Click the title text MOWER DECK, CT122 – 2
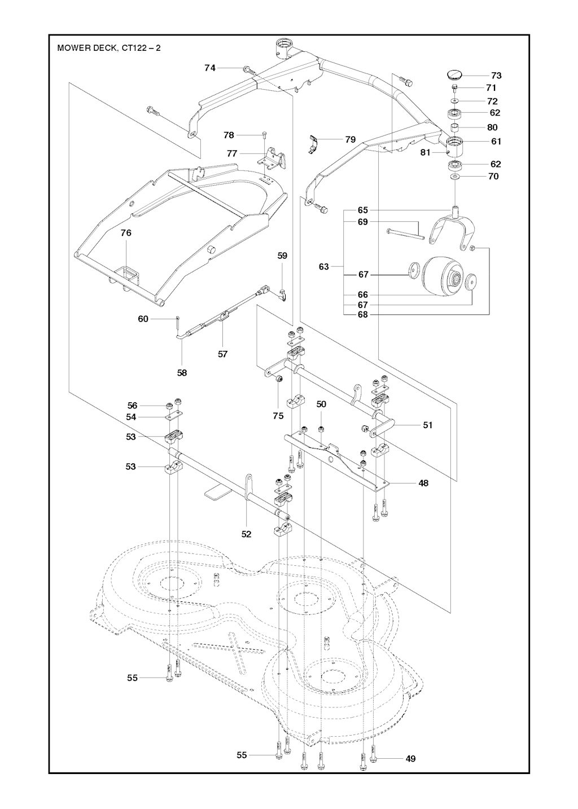[109, 48]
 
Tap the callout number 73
[496, 75]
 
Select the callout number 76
[126, 232]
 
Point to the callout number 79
[351, 139]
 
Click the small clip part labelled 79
[314, 143]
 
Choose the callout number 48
[423, 483]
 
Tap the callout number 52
[246, 534]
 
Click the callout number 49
[410, 759]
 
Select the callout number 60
[143, 319]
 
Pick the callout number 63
[323, 266]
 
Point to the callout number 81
[425, 152]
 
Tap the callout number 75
[278, 415]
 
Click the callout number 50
[321, 404]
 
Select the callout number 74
[210, 68]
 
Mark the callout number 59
[282, 256]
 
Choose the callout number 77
[232, 153]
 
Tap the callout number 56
[132, 405]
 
